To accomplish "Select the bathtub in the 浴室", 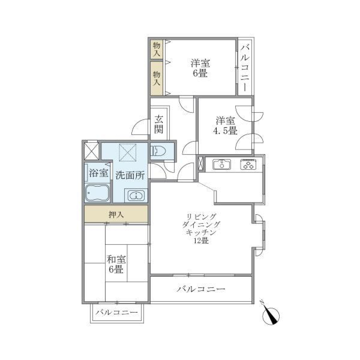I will pos(97,193).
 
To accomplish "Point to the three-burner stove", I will pos(249,164).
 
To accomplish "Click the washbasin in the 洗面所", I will pos(136,195).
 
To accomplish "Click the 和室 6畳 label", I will pos(115,264).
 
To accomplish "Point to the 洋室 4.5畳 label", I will pos(225,126).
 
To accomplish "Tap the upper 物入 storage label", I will pos(157,49).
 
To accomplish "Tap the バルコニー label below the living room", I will pos(201,289).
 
